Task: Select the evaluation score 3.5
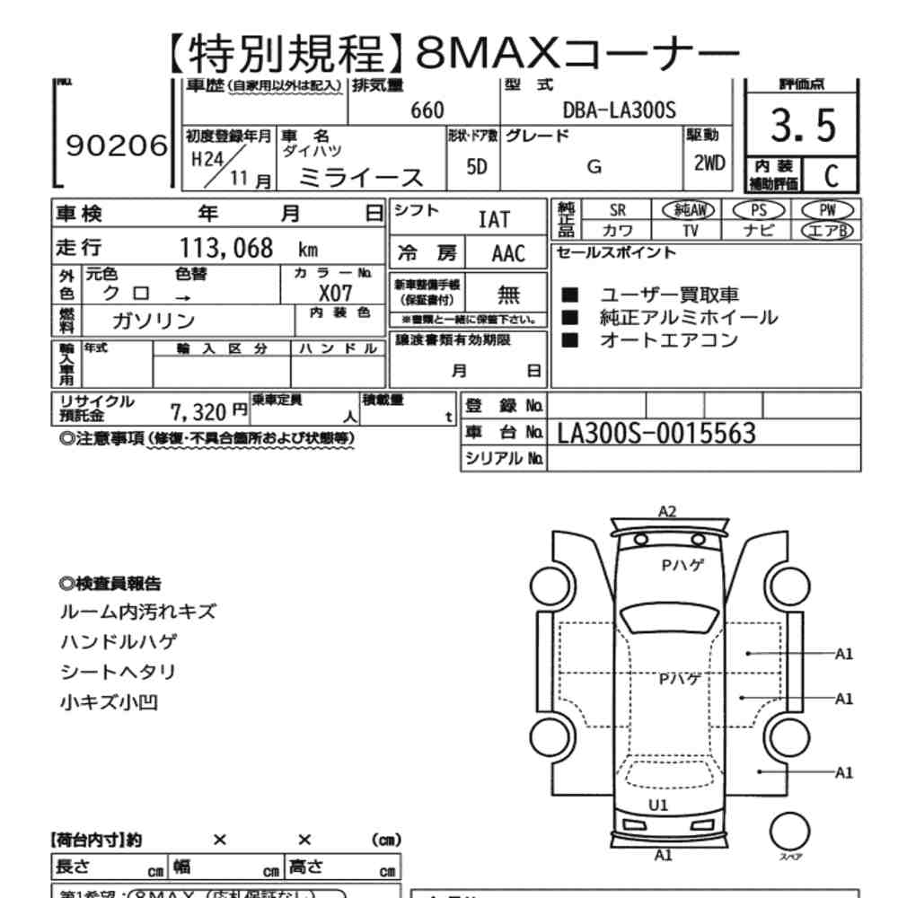point(803,126)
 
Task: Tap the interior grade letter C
point(830,174)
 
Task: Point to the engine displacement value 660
point(427,110)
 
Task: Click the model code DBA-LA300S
point(619,110)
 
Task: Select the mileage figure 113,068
point(226,248)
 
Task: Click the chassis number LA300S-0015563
point(656,434)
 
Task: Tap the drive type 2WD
point(709,164)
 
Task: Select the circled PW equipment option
point(827,209)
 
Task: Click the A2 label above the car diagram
point(666,512)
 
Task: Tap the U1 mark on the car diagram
point(658,805)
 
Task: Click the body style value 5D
point(477,167)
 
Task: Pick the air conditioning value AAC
point(508,252)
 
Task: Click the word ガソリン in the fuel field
point(154,321)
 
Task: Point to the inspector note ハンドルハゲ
point(118,641)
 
